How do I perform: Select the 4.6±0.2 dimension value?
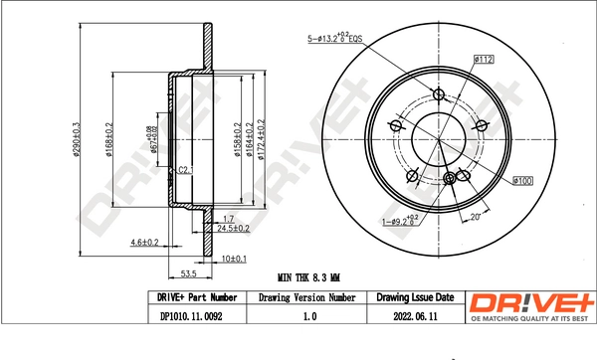[146, 242]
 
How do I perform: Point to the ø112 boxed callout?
[485, 60]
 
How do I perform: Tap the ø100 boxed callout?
[524, 180]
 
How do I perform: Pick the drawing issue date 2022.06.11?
[415, 317]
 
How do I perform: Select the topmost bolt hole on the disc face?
[439, 94]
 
